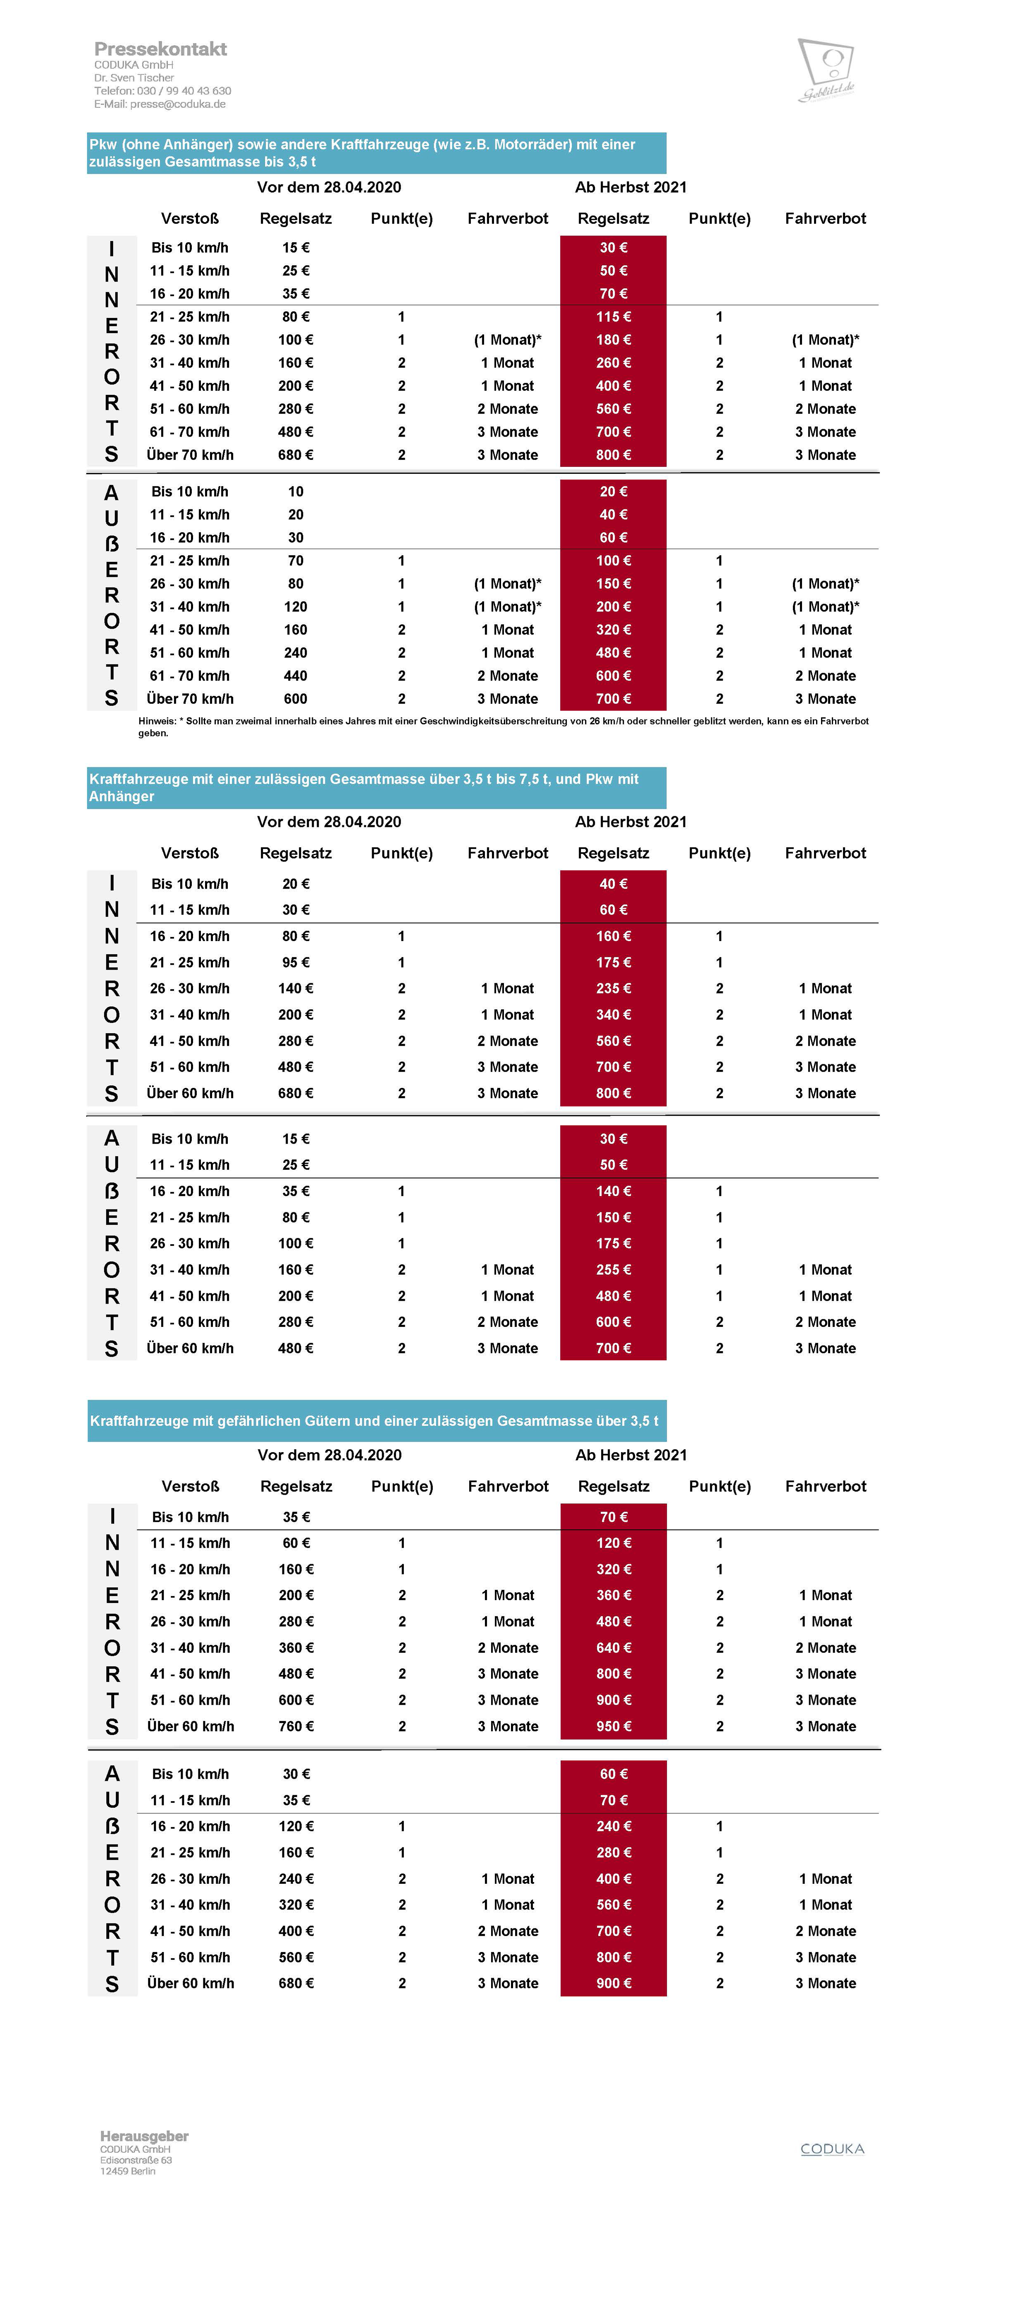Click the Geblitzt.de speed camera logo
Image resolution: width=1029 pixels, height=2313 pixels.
coord(826,70)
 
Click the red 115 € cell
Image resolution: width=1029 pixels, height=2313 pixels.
coord(613,317)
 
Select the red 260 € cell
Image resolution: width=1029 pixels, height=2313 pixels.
coord(613,363)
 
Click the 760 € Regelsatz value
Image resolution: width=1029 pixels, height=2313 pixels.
coord(296,1726)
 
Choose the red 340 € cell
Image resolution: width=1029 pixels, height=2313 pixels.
coord(613,1015)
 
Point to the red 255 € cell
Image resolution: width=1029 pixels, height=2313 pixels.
coord(613,1270)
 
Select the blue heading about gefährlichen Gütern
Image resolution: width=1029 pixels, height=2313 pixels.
coord(375,1420)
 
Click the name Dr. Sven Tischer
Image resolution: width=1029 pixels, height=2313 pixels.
coord(134,78)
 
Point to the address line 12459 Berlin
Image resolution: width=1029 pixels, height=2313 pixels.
coord(127,2171)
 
